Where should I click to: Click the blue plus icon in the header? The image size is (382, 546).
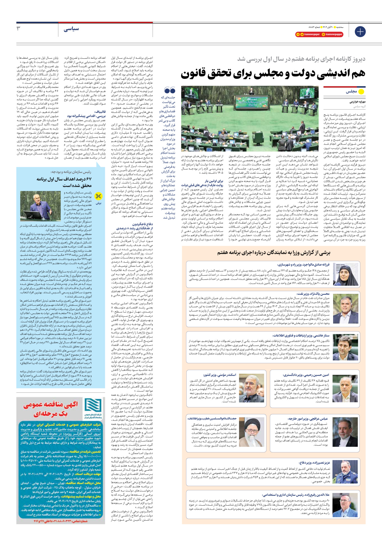point(360,32)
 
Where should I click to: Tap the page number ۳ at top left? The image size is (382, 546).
point(19,28)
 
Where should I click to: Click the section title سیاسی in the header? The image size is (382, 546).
point(71,29)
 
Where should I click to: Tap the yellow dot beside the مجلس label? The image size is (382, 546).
point(361,91)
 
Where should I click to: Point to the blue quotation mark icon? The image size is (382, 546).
point(170,90)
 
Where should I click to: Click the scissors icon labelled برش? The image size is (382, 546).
point(98,196)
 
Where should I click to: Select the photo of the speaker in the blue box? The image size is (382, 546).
point(41,206)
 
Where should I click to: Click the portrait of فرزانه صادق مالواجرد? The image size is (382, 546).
point(346,274)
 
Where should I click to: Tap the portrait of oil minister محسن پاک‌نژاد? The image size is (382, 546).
point(346,309)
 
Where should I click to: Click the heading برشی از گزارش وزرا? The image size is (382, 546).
point(274,253)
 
